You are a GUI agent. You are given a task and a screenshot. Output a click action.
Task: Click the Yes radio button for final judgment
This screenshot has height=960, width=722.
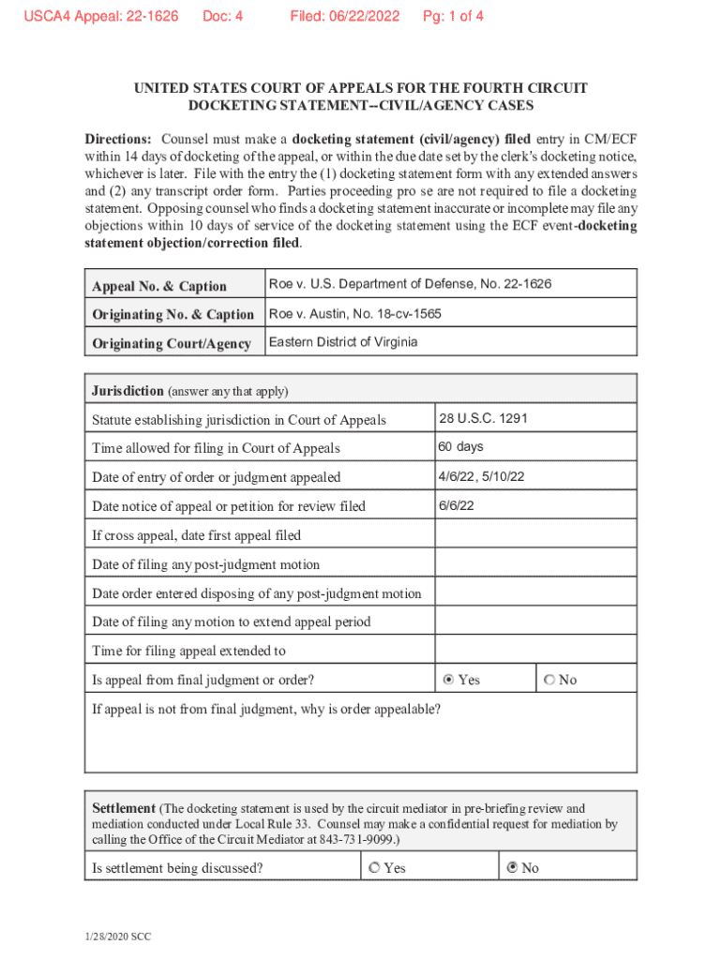click(448, 680)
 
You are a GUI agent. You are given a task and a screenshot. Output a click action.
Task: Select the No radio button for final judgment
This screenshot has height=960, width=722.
click(549, 680)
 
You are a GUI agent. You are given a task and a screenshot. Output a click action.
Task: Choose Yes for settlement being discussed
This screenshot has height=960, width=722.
click(375, 868)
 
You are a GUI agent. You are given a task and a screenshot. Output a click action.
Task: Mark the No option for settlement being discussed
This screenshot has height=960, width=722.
click(512, 868)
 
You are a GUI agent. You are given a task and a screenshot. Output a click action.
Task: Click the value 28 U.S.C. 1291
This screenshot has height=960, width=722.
click(483, 418)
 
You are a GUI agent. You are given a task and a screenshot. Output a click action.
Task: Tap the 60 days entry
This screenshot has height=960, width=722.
click(461, 447)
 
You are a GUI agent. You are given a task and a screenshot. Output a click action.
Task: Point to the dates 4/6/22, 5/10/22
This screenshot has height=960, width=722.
click(481, 476)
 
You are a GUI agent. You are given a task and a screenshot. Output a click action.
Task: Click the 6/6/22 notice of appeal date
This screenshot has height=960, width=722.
click(456, 505)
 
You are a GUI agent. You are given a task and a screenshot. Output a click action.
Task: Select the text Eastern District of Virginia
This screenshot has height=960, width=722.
click(343, 342)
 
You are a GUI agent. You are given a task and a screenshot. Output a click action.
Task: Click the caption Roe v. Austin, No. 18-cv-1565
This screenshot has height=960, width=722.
click(355, 313)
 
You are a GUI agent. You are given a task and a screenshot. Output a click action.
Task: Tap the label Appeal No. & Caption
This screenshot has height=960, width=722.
click(159, 286)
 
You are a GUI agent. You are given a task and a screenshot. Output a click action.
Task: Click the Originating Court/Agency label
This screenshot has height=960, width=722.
click(172, 344)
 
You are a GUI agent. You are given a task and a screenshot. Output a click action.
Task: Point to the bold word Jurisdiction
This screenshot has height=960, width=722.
click(128, 390)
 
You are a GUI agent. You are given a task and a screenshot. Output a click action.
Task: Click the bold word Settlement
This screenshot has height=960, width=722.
click(124, 808)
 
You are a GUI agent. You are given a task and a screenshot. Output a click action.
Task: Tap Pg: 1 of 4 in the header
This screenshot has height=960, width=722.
click(453, 16)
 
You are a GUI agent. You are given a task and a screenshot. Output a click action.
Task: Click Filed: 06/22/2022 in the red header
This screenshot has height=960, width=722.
click(344, 16)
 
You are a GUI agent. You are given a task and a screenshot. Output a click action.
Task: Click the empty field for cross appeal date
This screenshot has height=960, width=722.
click(535, 534)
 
